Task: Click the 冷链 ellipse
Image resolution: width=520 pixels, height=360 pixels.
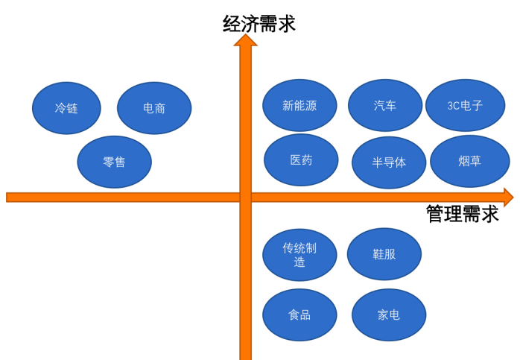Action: coord(66,108)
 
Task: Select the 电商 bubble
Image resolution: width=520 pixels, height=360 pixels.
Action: coord(154,108)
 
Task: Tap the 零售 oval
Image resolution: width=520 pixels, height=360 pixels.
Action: coord(114,162)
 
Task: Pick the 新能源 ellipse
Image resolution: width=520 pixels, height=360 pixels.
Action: coord(299,106)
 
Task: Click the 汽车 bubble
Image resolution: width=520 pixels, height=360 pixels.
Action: coord(385,106)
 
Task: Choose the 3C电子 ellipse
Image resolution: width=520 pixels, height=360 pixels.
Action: coord(465,106)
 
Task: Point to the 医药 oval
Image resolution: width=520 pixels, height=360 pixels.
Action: coord(301,160)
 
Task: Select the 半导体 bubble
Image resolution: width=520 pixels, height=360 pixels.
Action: coord(389,162)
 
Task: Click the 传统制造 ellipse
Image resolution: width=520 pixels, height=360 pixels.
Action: coord(299,255)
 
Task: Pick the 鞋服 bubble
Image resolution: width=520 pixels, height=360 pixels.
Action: coord(384,254)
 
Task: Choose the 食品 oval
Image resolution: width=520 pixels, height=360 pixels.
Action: coord(299,315)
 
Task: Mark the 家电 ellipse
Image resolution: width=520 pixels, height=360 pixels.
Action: coord(388,315)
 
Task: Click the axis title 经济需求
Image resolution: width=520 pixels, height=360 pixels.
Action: coord(259,24)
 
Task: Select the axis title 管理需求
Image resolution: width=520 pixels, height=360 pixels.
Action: coord(462,215)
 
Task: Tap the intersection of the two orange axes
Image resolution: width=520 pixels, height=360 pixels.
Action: coord(245,198)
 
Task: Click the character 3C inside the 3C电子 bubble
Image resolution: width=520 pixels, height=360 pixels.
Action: coord(454,106)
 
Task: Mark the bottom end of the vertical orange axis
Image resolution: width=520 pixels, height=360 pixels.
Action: coord(245,356)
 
